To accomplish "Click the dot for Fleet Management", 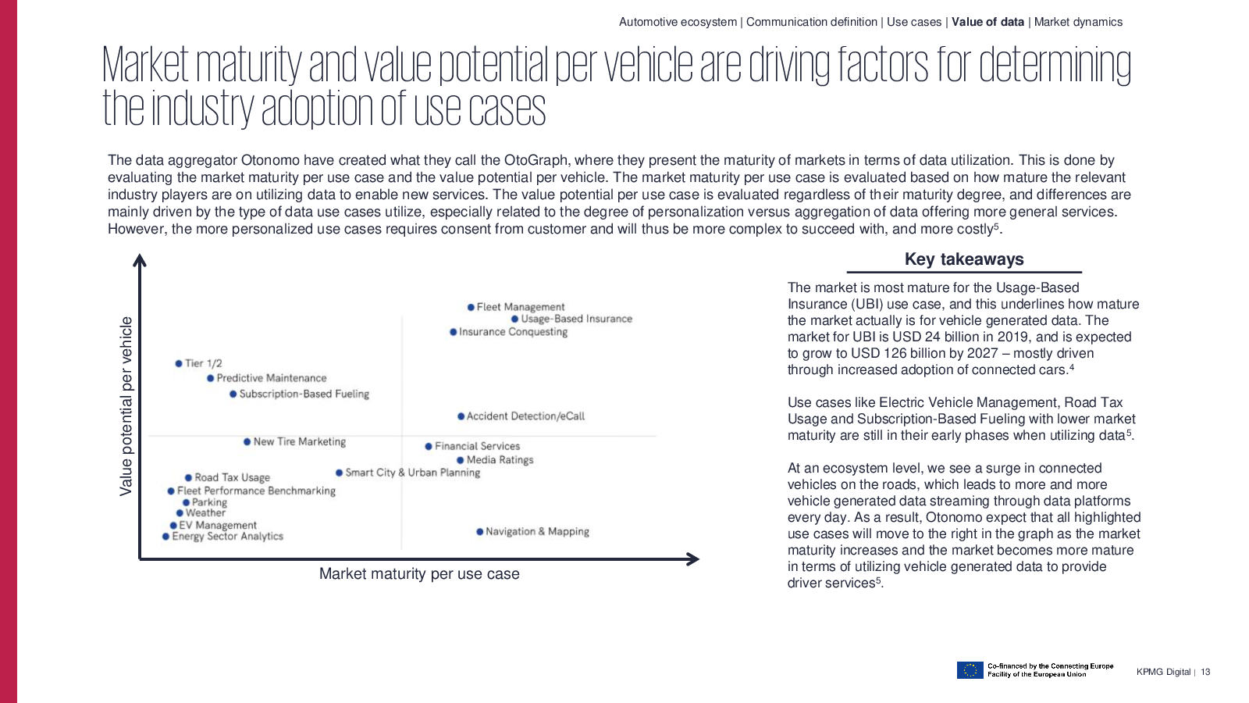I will (471, 308).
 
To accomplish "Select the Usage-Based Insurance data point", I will (515, 319).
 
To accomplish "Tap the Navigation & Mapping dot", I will (480, 532).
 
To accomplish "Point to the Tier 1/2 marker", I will (179, 363).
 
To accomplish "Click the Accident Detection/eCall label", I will (525, 416).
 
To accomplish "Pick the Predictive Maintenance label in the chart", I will (272, 378).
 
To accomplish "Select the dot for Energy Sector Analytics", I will (165, 537).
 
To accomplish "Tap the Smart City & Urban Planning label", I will (413, 473).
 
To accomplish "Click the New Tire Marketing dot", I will (247, 442).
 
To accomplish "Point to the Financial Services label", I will (477, 446).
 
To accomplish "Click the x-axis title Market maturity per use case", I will (419, 574).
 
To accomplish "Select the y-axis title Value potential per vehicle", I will (126, 406).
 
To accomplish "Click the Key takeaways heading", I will (964, 259).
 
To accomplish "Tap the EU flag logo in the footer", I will (970, 670).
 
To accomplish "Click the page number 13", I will (1205, 673).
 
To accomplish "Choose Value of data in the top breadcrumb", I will (987, 22).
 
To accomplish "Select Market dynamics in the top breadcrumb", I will (1078, 22).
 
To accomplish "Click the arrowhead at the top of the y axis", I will (140, 261).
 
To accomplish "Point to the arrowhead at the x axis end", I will (692, 559).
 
